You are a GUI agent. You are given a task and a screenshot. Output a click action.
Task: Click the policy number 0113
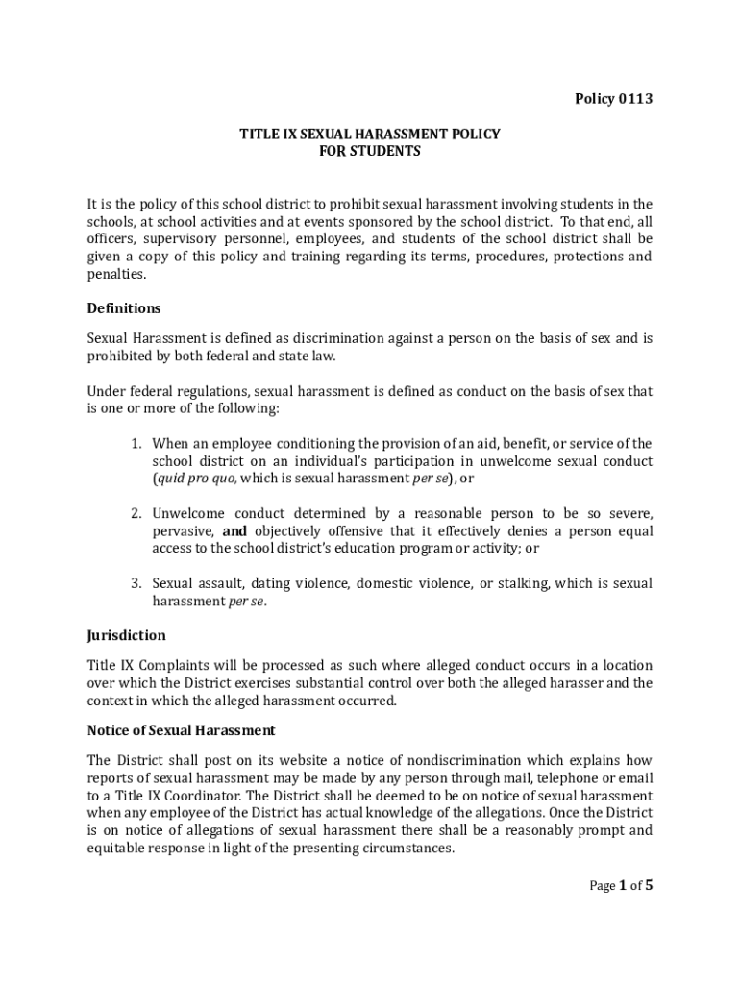click(634, 99)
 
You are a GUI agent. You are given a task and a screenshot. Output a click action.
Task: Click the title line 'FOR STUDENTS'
click(370, 152)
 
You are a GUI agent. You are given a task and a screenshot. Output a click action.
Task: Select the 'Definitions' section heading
click(124, 308)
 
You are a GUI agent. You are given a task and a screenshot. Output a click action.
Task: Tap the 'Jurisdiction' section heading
click(127, 635)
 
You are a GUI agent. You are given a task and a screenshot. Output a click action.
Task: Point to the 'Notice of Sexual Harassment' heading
click(182, 729)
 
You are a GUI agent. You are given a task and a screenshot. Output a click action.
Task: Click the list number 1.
click(137, 443)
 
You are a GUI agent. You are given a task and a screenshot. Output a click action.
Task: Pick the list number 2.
click(137, 513)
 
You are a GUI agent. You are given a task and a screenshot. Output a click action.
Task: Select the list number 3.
click(137, 583)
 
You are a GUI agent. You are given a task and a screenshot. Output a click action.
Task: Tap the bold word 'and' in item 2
click(235, 530)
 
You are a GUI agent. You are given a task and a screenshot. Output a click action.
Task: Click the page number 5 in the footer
click(649, 886)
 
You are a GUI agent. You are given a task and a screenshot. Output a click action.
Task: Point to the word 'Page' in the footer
click(602, 886)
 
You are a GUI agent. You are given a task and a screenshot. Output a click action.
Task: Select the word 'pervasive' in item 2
click(184, 530)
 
